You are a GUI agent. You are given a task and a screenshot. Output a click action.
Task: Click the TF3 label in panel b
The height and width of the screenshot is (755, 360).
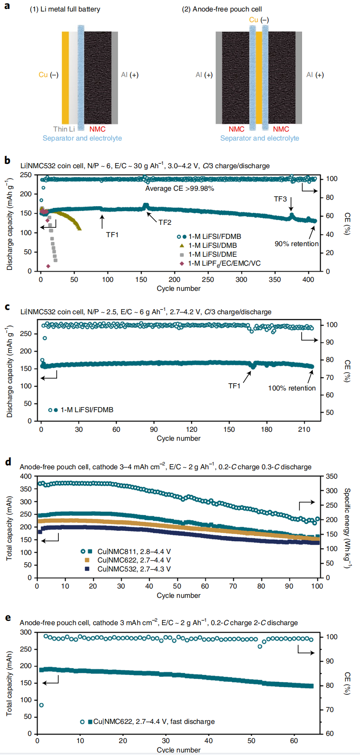[280, 199]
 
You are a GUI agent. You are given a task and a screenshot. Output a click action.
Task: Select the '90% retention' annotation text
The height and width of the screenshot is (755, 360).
[297, 244]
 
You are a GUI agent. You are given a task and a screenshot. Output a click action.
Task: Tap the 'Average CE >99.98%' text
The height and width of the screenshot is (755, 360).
[179, 188]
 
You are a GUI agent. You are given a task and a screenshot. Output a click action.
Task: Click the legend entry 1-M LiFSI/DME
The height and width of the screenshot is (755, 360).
[213, 254]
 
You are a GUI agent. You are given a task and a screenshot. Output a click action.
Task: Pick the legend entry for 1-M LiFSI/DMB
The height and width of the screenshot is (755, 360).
[213, 245]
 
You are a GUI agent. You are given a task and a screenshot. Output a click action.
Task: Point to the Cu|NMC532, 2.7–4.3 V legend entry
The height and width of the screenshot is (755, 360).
[134, 569]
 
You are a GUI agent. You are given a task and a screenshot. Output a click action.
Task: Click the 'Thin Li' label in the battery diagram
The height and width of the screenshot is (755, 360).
[64, 129]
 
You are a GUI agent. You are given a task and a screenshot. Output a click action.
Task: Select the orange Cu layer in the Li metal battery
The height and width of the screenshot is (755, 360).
[65, 78]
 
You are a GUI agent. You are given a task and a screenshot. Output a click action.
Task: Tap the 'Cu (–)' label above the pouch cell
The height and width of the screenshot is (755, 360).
[259, 20]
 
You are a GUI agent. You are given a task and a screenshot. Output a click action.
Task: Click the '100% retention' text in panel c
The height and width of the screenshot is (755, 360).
[292, 388]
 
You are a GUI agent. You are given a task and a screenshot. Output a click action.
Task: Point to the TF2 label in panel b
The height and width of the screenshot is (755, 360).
[165, 222]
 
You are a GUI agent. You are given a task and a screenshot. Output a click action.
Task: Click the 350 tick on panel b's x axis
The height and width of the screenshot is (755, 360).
[275, 280]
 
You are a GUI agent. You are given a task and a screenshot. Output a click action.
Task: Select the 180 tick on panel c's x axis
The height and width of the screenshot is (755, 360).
[267, 429]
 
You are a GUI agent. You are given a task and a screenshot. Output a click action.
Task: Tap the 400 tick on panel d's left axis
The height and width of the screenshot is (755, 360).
[26, 476]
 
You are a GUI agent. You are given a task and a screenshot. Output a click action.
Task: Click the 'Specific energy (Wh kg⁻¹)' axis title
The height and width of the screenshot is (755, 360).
[347, 528]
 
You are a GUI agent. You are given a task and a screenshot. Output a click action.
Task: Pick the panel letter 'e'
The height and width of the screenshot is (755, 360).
[8, 617]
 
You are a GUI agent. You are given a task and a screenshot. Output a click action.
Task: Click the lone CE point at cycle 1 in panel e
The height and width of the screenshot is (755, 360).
[41, 705]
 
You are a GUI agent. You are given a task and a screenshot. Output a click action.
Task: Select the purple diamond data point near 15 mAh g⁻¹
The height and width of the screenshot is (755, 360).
[48, 266]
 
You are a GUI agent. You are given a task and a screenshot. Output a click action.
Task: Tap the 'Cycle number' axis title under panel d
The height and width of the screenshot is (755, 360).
[179, 595]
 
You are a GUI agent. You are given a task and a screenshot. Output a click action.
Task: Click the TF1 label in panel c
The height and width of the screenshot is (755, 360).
[234, 386]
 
